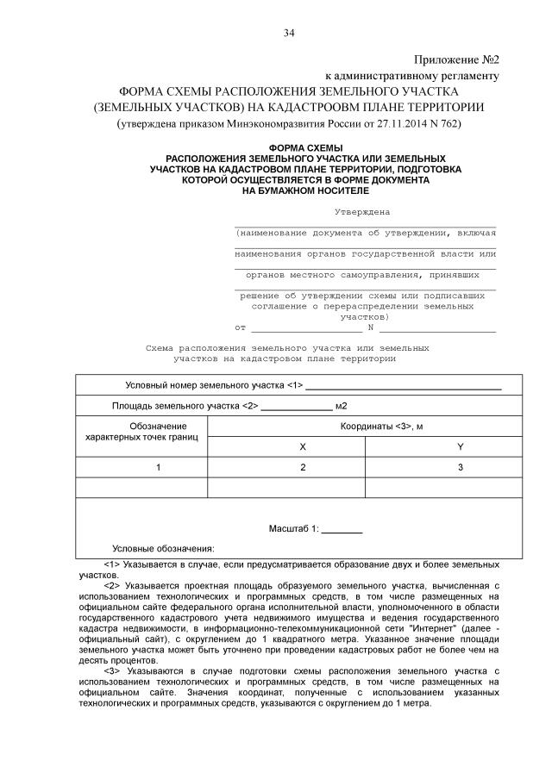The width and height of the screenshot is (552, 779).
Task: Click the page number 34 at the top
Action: pyautogui.click(x=289, y=34)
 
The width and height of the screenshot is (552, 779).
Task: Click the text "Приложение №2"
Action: pyautogui.click(x=457, y=59)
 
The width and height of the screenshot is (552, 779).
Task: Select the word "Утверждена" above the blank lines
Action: pyautogui.click(x=361, y=211)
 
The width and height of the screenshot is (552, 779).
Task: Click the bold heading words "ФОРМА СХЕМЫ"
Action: pyautogui.click(x=306, y=149)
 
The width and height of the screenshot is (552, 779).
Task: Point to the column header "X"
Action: pyautogui.click(x=302, y=446)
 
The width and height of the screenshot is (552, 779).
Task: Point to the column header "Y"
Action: pyautogui.click(x=460, y=446)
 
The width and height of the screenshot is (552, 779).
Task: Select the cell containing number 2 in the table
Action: pyautogui.click(x=302, y=467)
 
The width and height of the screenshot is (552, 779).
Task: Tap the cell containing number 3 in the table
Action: pyautogui.click(x=460, y=467)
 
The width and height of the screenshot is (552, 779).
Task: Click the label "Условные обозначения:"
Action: pyautogui.click(x=163, y=548)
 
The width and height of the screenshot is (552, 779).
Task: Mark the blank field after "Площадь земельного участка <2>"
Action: pyautogui.click(x=296, y=408)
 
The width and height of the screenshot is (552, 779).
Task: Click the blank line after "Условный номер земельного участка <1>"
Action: pyautogui.click(x=404, y=388)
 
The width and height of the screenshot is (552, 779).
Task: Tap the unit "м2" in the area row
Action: pyautogui.click(x=342, y=406)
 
